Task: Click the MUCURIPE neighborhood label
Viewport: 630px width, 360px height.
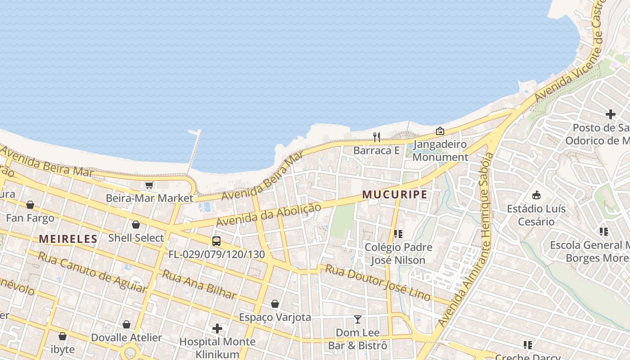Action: click(395, 194)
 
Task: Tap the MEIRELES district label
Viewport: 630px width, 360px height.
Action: click(68, 239)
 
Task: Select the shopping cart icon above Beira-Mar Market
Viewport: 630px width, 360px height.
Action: click(149, 185)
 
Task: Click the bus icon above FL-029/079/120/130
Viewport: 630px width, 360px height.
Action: click(216, 241)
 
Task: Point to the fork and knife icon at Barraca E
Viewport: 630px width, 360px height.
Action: click(377, 137)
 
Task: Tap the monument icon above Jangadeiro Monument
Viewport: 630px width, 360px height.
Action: click(440, 131)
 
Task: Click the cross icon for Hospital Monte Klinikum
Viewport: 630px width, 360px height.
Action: click(217, 328)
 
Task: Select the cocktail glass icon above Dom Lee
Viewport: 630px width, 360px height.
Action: click(358, 319)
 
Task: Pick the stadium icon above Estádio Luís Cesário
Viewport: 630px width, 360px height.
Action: click(536, 195)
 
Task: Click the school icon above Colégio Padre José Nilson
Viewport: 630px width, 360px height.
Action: click(398, 234)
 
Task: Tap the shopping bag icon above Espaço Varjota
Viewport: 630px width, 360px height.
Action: click(275, 304)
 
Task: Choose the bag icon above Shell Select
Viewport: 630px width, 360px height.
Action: click(136, 225)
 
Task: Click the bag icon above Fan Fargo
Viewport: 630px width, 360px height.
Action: click(30, 205)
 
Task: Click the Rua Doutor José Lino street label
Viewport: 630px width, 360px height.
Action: click(378, 282)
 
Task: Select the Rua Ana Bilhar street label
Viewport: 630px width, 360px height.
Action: click(199, 284)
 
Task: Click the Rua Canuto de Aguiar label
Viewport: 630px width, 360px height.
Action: click(92, 271)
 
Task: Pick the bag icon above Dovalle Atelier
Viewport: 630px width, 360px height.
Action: click(126, 324)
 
